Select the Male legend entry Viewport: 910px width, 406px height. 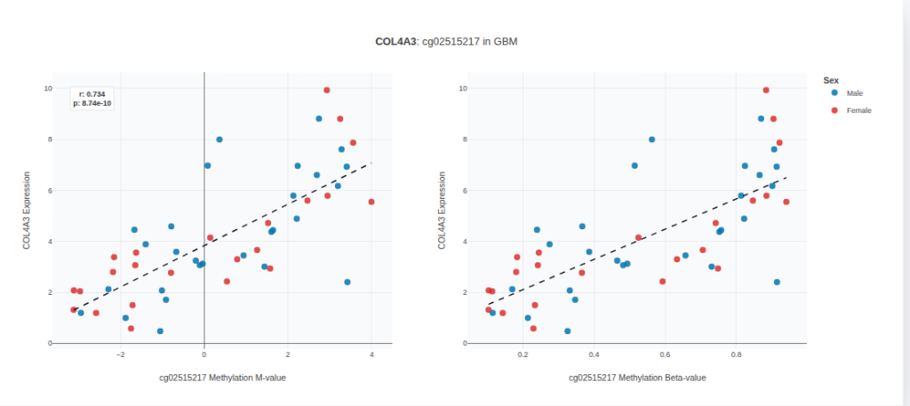854,93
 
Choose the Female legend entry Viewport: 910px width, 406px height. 858,110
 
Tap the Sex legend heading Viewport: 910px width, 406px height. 831,80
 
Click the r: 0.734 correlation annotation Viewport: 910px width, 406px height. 92,93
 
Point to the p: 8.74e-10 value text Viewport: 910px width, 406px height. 92,103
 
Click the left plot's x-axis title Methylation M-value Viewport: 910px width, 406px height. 222,378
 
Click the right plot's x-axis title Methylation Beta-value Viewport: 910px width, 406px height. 637,378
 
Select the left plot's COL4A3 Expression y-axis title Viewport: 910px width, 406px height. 28,211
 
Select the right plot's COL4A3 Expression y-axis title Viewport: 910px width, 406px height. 442,211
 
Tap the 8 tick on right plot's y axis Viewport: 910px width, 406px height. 464,139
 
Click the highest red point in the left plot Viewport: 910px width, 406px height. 327,90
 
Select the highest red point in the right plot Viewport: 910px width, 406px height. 766,90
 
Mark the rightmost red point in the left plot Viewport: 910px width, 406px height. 371,202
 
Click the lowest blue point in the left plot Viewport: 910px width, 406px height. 160,331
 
